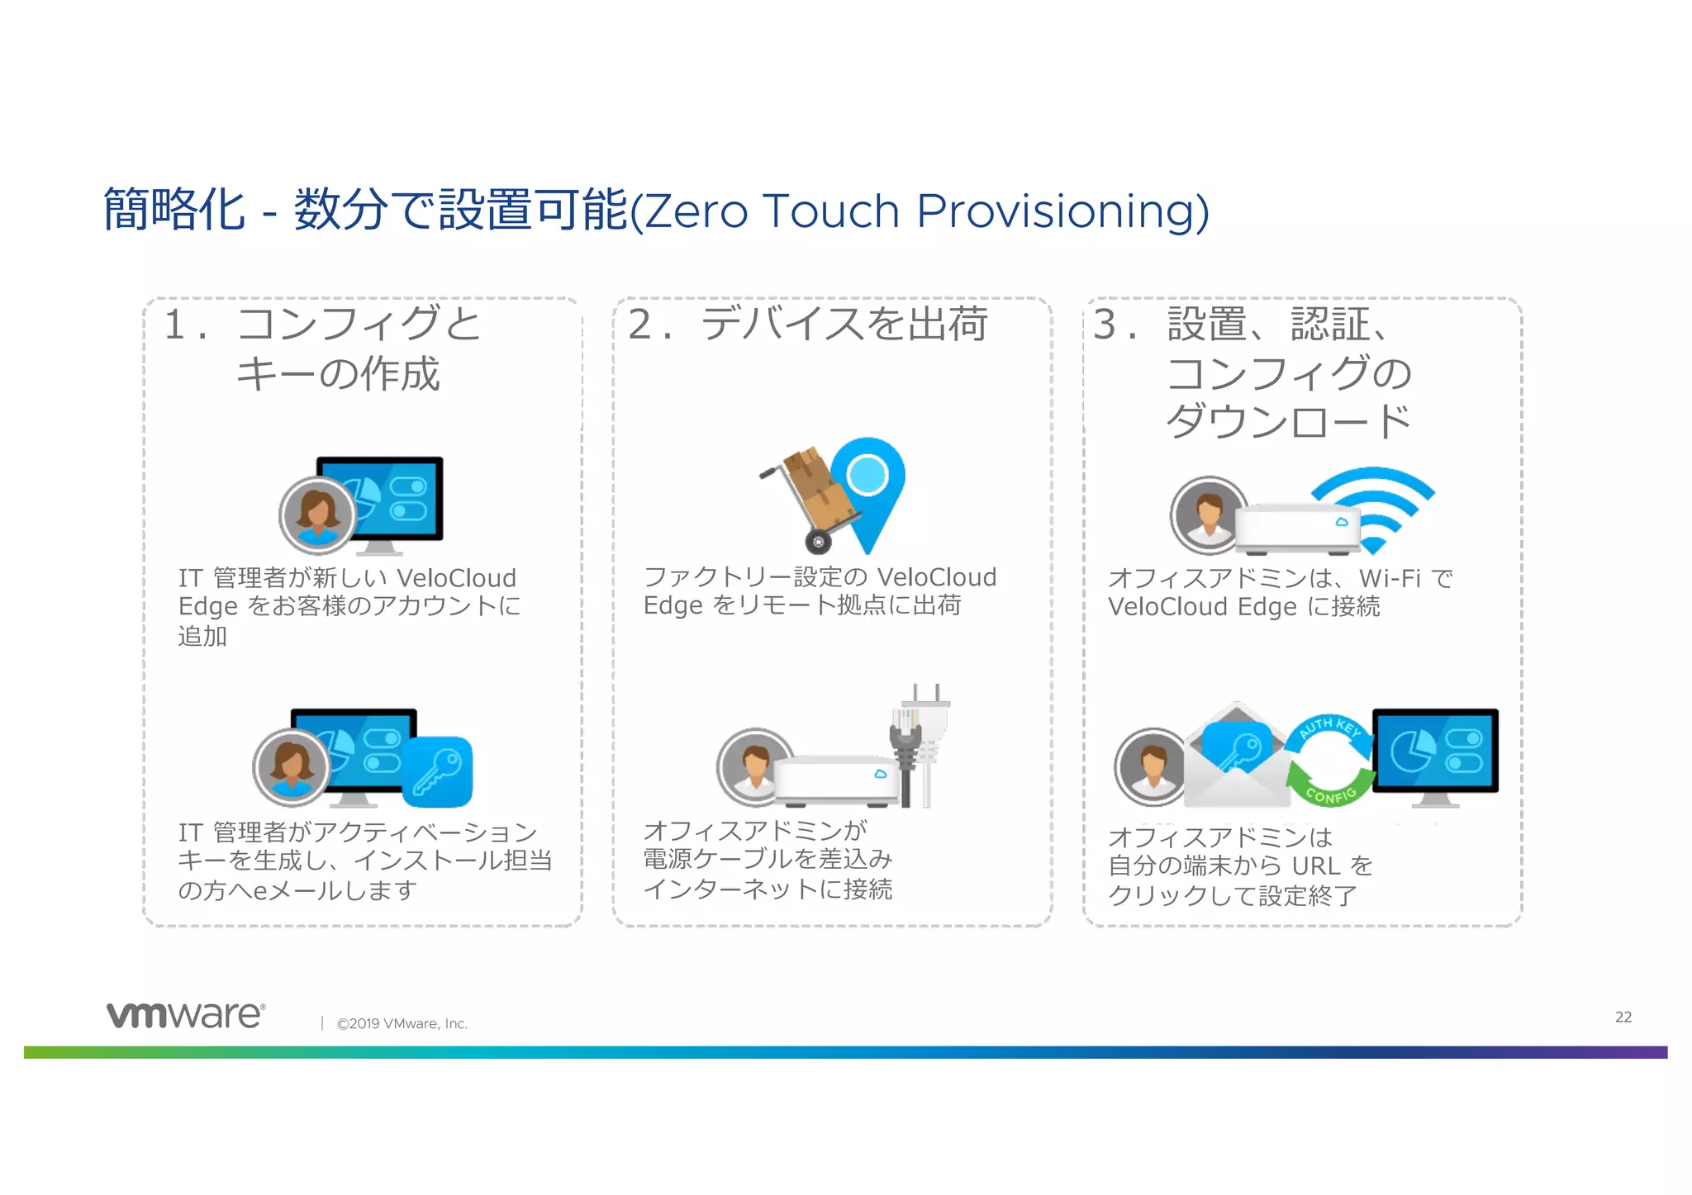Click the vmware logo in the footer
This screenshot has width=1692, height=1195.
coord(185,1015)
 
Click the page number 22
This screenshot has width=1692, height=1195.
coord(1623,1017)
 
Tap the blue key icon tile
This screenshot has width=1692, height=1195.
coord(437,772)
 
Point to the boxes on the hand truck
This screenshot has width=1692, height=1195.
coord(818,487)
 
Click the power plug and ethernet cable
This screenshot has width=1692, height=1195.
coord(919,747)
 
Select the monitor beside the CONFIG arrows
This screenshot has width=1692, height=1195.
coord(1436,753)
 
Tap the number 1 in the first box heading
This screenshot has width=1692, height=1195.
coord(174,324)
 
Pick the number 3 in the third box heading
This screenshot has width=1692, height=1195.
coord(1105,324)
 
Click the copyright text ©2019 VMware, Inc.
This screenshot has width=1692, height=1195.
coord(402,1024)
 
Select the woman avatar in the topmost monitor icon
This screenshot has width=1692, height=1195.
coord(317,514)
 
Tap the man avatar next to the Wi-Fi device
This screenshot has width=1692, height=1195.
coord(1209,514)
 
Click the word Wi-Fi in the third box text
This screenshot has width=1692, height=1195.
coord(1390,578)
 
